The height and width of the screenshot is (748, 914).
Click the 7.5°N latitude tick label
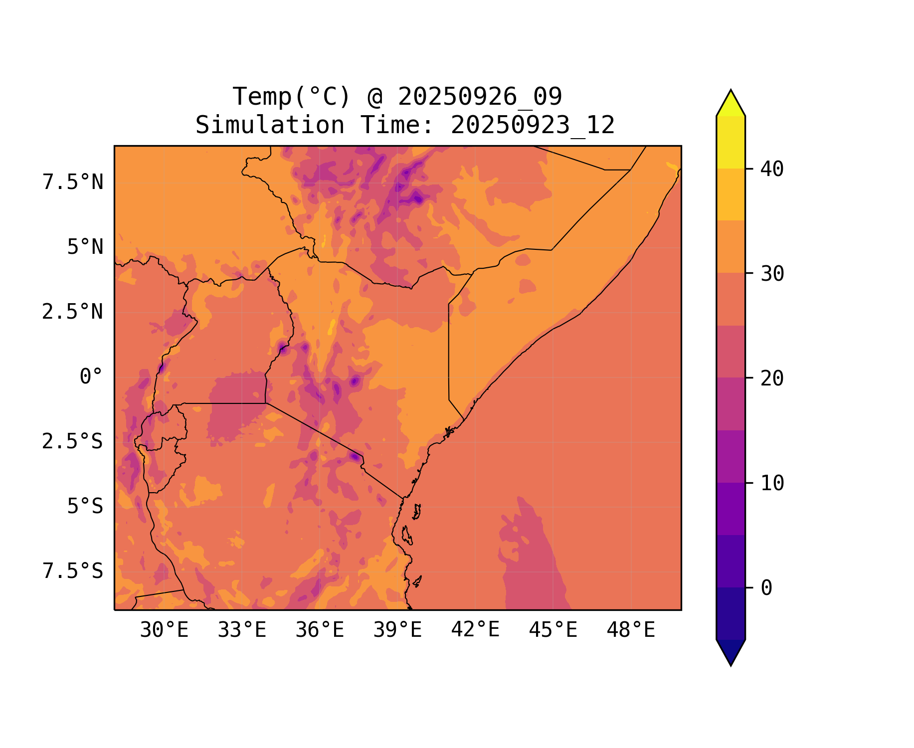[x=73, y=183]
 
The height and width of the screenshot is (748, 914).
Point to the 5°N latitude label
[x=85, y=247]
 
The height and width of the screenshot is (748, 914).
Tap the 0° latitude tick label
[x=91, y=377]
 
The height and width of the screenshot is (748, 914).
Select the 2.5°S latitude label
[x=73, y=442]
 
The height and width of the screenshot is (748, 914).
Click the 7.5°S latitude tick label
[x=73, y=571]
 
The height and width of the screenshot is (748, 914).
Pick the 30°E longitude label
[x=164, y=630]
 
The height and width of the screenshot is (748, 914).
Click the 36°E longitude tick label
[x=320, y=630]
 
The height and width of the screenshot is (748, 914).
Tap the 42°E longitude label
[x=475, y=630]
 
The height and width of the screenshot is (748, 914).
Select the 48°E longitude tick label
[x=631, y=630]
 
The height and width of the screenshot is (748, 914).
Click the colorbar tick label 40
[x=772, y=169]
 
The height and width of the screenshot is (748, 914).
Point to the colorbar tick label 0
[x=766, y=588]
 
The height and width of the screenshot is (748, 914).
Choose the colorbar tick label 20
[x=772, y=378]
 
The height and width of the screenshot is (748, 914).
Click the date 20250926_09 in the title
[x=480, y=97]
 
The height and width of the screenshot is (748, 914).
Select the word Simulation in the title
[x=269, y=125]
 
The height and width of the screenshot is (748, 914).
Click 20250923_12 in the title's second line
[x=533, y=125]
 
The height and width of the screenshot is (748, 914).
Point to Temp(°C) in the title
[x=292, y=97]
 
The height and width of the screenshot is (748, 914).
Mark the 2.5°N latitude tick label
[x=73, y=312]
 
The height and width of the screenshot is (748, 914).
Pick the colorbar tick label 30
[x=772, y=274]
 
